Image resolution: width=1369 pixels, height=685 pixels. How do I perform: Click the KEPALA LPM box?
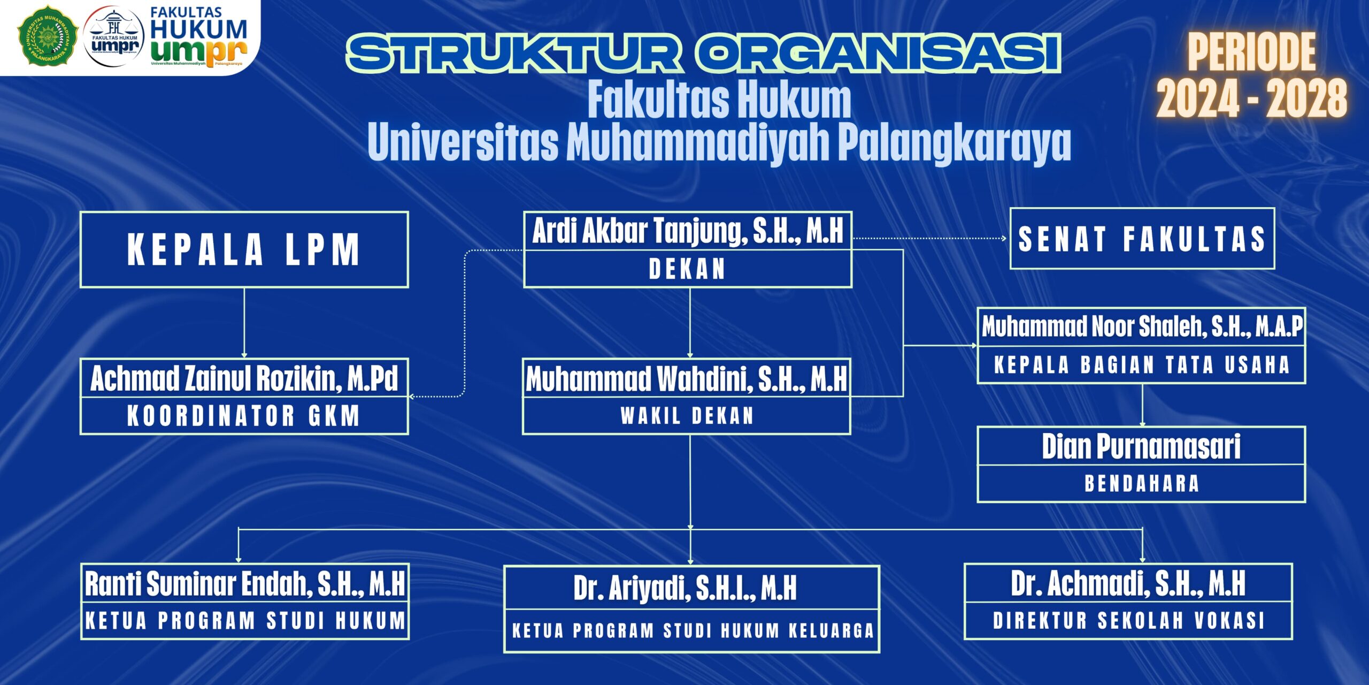244,249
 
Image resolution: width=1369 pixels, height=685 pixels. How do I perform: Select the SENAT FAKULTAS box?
1142,239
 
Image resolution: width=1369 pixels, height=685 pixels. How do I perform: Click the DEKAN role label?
687,269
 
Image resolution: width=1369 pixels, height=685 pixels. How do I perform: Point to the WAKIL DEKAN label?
687,416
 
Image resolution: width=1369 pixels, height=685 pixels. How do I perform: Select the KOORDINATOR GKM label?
243,416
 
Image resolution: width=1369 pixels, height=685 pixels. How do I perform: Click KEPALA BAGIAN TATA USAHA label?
1142,365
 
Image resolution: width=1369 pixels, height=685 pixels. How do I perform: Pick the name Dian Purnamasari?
1141,446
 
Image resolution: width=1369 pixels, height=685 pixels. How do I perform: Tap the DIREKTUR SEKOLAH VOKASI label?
1129,621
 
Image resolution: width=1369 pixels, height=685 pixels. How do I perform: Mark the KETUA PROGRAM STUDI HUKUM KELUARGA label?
693,631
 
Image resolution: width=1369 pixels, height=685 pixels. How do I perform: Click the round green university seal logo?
48,35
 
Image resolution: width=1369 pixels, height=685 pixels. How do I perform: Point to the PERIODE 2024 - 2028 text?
1251,75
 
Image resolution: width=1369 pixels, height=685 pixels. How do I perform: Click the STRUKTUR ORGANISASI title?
703,52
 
